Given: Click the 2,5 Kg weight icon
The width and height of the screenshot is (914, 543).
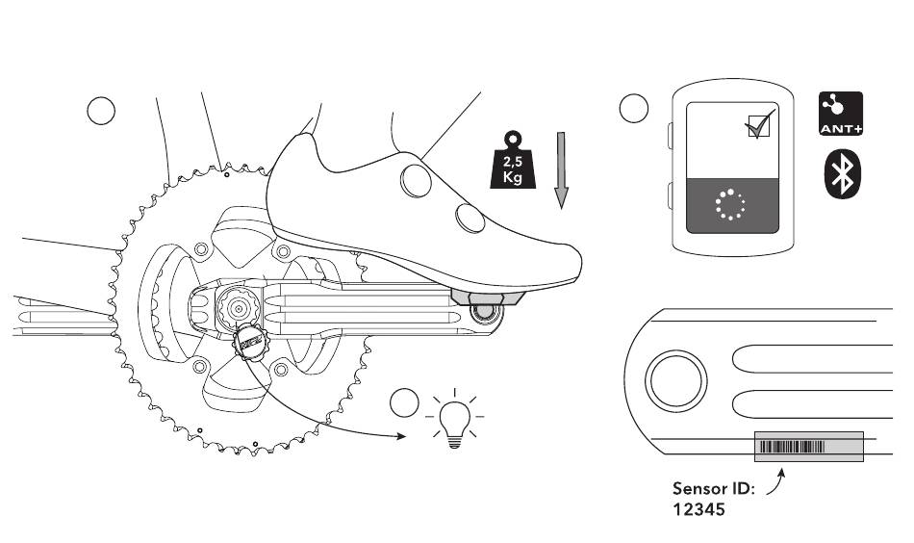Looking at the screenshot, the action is click(x=512, y=161).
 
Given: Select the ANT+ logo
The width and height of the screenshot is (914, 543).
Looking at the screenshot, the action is click(x=839, y=115).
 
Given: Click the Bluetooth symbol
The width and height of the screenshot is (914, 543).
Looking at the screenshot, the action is click(x=842, y=174).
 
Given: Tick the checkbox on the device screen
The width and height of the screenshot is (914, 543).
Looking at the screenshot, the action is click(x=759, y=126).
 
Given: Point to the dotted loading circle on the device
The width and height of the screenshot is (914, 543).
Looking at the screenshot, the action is click(x=731, y=204).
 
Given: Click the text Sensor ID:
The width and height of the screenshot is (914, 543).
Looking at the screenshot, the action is click(x=714, y=489).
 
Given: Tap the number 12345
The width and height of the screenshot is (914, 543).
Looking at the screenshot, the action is click(x=698, y=510).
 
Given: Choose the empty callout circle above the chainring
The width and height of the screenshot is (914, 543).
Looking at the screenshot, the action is click(x=101, y=111).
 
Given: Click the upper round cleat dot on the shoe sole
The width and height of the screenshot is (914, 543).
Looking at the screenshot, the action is click(x=415, y=179).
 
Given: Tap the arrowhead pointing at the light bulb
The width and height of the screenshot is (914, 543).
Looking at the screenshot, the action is click(x=402, y=436).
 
